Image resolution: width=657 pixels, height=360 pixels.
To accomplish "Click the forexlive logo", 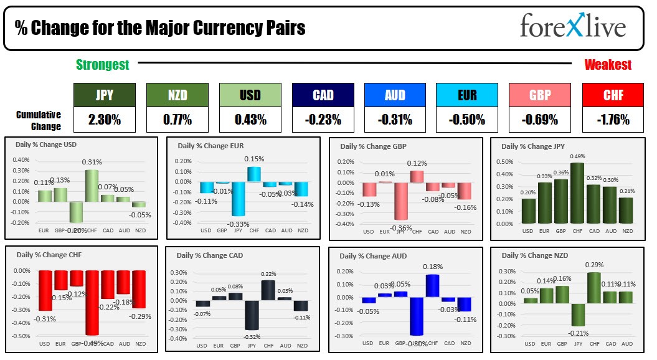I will [572, 27].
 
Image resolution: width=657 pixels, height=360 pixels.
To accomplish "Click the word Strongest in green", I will [102, 65].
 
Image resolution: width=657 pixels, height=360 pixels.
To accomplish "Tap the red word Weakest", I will [607, 65].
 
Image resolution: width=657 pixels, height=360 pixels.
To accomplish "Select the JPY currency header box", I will [104, 95].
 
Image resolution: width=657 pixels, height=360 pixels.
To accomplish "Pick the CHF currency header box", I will [613, 95].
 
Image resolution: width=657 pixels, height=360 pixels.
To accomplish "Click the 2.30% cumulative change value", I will [104, 120].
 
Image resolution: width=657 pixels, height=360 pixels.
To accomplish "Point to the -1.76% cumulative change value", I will [613, 120].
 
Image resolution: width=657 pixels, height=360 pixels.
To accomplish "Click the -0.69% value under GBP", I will [540, 120].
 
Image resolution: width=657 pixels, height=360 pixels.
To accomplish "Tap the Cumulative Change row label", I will [39, 120].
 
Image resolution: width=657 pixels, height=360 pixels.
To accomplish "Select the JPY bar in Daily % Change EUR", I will [237, 198].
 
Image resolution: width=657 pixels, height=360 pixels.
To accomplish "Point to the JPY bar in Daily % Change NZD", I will [579, 315].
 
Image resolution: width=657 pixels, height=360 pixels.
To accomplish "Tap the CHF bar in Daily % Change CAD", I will [268, 290].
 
